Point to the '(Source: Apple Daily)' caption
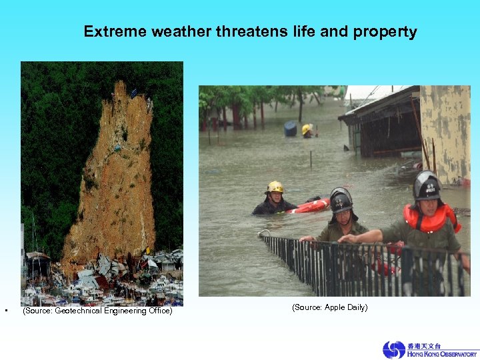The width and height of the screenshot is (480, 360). point(329,307)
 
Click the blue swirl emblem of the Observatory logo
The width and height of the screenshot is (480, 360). point(393,350)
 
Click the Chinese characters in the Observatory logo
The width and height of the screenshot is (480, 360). point(424,345)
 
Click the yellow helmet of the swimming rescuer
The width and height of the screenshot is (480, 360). point(274,187)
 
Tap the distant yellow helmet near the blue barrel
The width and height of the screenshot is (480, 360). point(307,129)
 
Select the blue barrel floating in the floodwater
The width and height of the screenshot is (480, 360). point(290,129)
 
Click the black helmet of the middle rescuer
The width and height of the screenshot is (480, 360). point(341,199)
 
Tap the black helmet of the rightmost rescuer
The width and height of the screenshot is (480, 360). point(426,185)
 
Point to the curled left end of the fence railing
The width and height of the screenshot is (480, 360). point(264,234)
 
